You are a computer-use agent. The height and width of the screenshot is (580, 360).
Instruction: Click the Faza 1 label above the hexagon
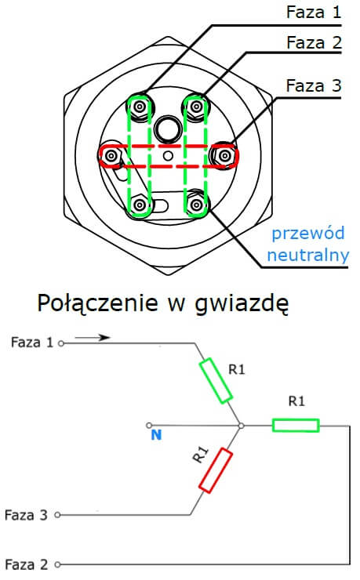coord(314,12)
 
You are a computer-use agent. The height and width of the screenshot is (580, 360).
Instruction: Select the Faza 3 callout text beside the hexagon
coord(314,85)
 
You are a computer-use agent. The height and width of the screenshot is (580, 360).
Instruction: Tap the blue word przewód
coord(308,234)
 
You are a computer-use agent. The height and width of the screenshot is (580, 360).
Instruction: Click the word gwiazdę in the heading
coord(242,303)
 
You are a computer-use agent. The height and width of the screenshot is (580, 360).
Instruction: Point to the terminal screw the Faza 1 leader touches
coord(140,107)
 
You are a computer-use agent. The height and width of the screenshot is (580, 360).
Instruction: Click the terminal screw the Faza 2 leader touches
coord(196,107)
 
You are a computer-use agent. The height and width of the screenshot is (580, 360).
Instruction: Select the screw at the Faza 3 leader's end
coord(224,156)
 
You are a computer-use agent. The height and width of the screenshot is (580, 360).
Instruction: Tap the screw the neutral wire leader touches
coord(196,205)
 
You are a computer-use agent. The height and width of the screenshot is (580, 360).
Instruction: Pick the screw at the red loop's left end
coord(111,156)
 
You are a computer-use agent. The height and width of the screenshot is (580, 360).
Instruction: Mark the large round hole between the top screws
coord(168,129)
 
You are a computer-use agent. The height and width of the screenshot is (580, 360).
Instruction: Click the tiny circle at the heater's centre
coord(168,156)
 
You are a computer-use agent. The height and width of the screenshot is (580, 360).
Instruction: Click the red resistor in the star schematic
coord(216,470)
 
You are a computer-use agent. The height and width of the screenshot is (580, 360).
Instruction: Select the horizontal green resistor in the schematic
coord(296,426)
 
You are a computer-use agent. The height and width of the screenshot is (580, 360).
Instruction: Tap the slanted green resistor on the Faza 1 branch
coord(216,380)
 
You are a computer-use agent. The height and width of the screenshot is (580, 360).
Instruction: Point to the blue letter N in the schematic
coord(156,435)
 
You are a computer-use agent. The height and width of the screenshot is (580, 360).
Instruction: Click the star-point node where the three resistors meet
coord(242,426)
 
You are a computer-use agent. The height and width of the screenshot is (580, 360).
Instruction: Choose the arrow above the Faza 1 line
coord(93,337)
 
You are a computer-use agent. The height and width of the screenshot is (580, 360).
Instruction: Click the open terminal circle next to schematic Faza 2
coord(57,564)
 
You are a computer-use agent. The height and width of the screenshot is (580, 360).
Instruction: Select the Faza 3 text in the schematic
coord(26,515)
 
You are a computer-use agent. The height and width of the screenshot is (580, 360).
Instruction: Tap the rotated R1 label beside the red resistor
coord(201,455)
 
